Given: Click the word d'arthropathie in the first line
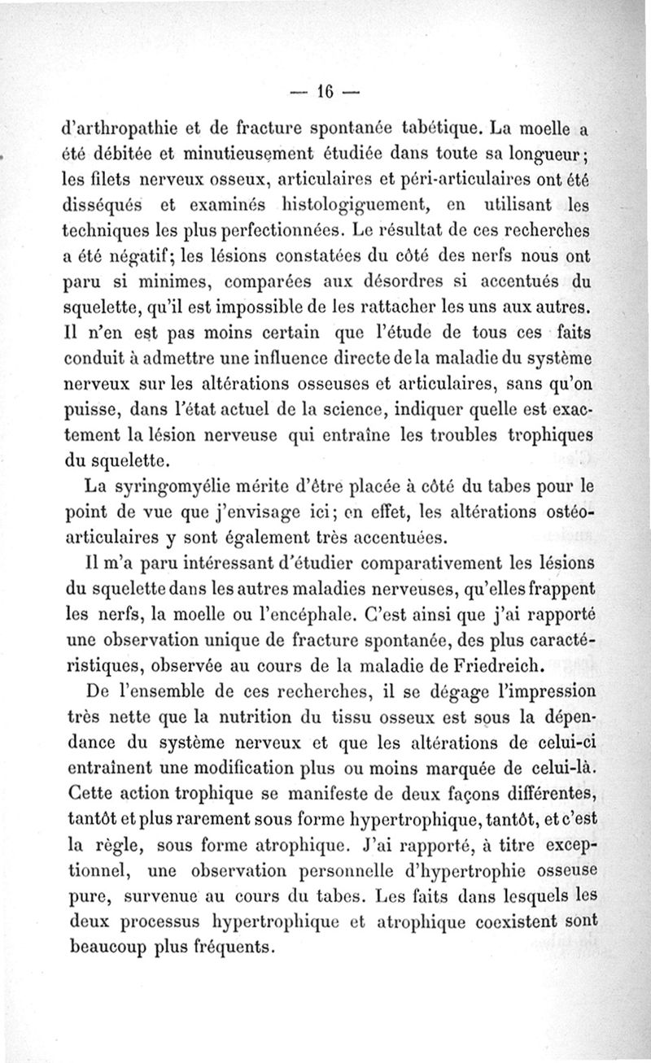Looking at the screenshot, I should click(115, 128).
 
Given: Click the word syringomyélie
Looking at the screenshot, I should click(172, 489).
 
